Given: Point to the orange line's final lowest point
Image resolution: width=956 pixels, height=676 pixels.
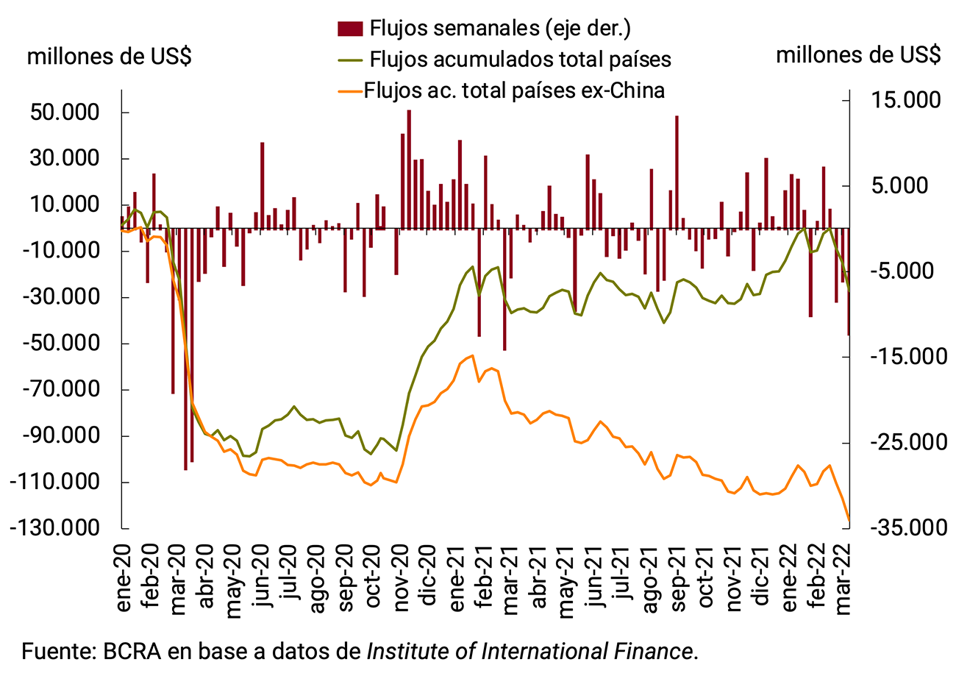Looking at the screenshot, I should click(x=849, y=520).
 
